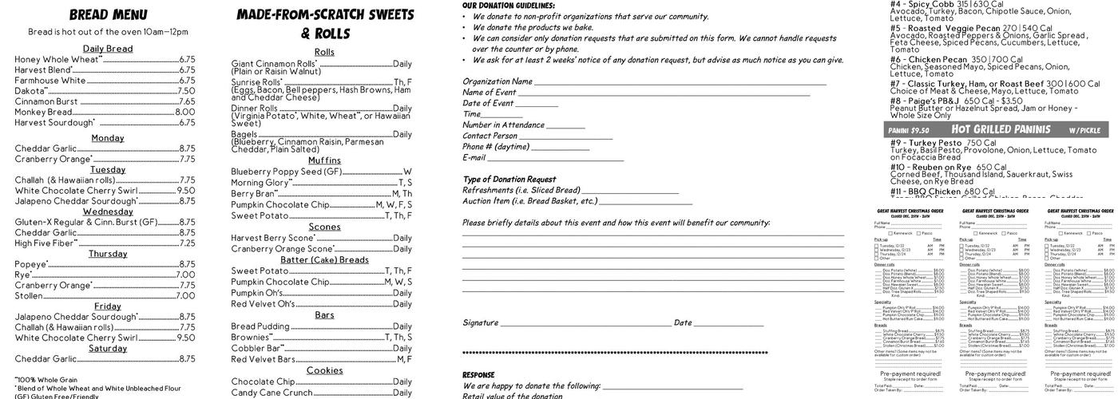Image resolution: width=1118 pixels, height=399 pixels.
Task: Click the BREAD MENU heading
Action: coord(108,15)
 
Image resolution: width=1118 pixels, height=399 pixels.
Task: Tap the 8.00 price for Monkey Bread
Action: coord(185,113)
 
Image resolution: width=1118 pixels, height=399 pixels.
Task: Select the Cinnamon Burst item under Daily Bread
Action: coord(46,101)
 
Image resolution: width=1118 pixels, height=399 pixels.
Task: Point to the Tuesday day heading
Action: coord(108,169)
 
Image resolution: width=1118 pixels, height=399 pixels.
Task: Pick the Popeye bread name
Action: coord(31,264)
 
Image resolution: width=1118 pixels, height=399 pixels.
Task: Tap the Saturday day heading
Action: coord(108,348)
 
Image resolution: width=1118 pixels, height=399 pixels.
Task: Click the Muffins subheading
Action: coord(324,160)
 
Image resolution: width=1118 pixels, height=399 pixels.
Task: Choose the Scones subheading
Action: coord(324,227)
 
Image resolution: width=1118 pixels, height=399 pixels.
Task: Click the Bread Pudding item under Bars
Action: coord(260,326)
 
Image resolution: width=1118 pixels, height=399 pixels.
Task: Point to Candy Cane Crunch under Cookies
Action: coord(272,393)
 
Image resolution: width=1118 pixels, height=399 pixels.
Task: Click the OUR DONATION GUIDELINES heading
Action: coord(509,6)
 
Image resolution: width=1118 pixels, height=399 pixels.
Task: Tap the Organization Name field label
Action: coord(498,81)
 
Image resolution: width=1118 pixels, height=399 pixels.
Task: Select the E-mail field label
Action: coord(474,157)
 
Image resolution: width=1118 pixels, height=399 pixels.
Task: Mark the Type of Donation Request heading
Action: coord(509,179)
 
